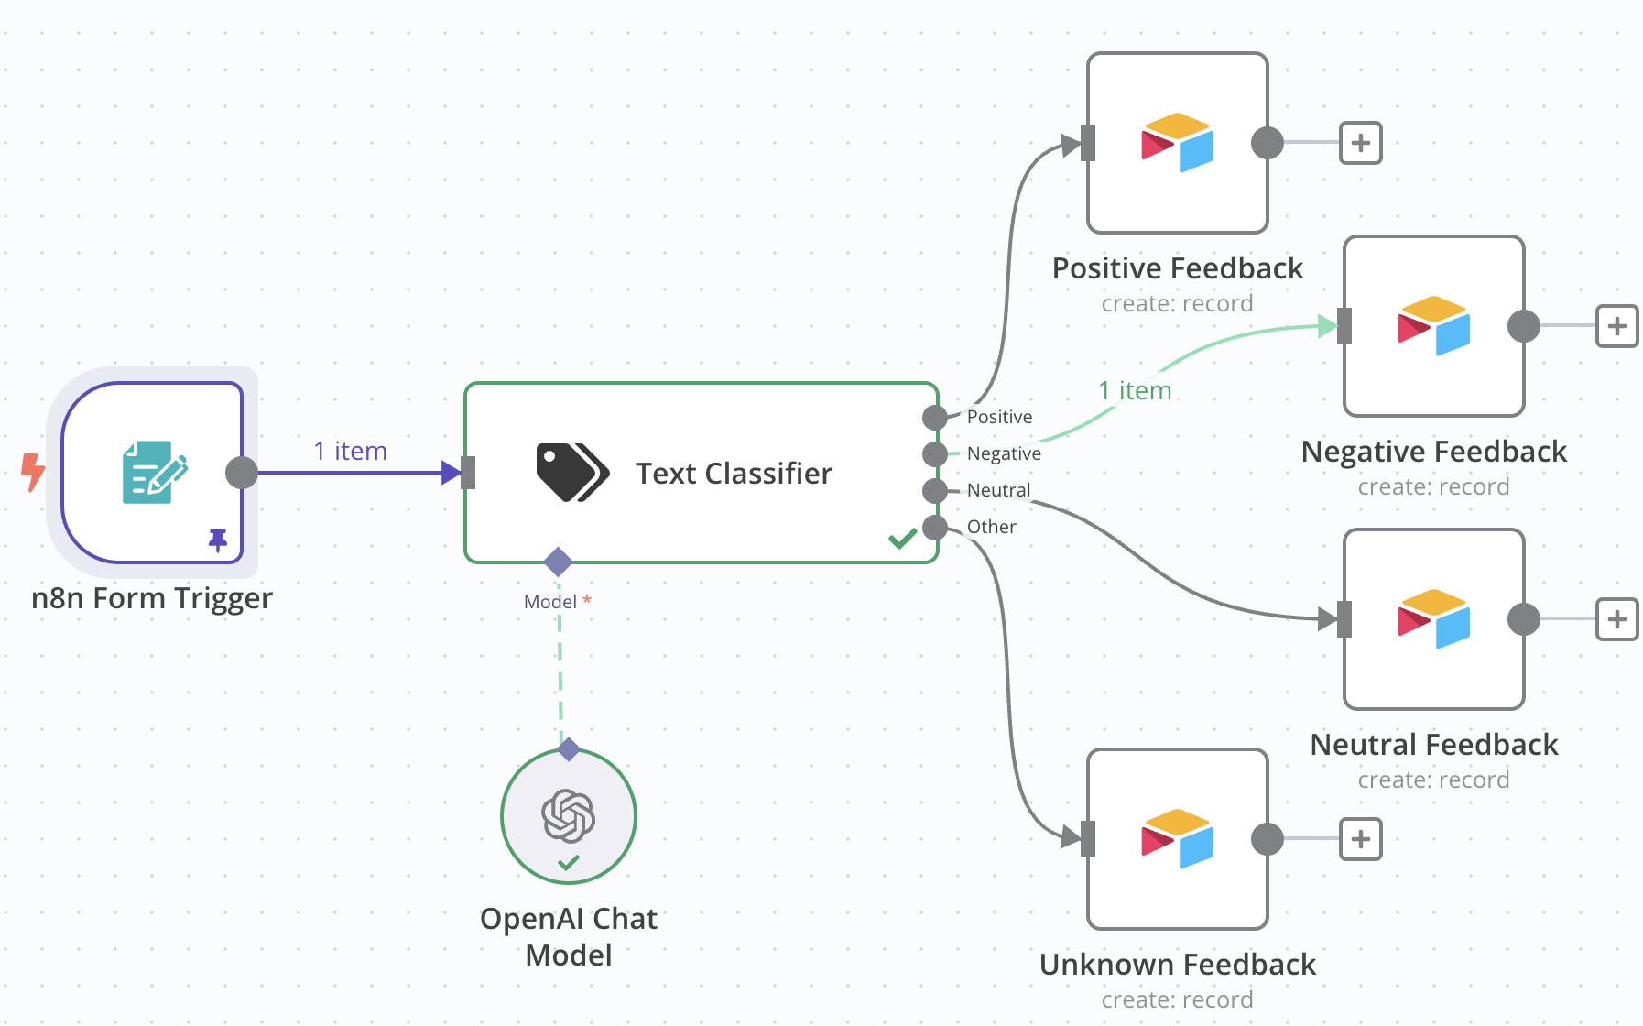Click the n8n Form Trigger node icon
154,472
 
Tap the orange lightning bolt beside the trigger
33,472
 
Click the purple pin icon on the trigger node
218,540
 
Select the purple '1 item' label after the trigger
350,451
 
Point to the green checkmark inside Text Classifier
902,539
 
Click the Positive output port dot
934,418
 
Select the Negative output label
1004,453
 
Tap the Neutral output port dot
934,491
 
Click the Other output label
991,527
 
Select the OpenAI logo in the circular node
569,815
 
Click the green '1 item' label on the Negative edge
1135,391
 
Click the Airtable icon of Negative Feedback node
1433,326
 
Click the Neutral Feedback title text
1433,745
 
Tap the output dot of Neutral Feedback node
1524,619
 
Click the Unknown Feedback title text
1177,965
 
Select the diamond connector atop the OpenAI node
569,749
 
